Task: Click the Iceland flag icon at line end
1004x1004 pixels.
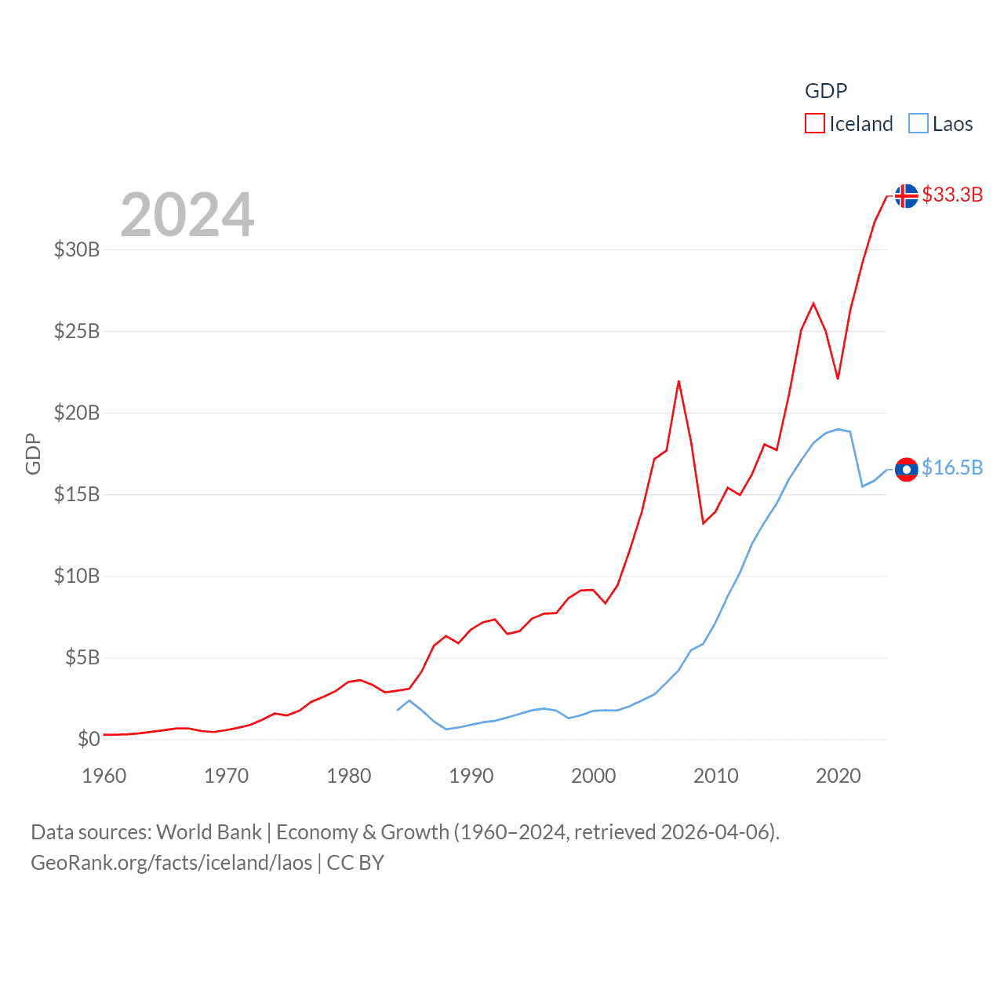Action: click(x=906, y=195)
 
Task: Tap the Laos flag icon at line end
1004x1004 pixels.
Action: click(x=906, y=469)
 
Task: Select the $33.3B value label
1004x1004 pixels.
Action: click(x=952, y=195)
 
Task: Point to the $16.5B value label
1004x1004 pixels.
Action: click(x=952, y=467)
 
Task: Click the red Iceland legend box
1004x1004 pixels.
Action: click(x=815, y=124)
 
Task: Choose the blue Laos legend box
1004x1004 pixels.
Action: click(x=919, y=124)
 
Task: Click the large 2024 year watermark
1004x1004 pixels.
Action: click(x=187, y=214)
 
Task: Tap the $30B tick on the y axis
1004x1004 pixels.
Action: click(x=77, y=249)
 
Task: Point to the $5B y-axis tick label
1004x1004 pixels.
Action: click(x=82, y=657)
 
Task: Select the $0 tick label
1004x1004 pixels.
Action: click(x=89, y=739)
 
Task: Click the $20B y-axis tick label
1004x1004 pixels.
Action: click(x=77, y=413)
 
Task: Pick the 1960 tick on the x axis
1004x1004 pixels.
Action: click(x=104, y=776)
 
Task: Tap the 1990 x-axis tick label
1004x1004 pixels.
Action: click(x=471, y=776)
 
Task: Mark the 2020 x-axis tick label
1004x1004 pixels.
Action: click(x=838, y=776)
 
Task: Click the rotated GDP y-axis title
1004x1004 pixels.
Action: click(x=33, y=453)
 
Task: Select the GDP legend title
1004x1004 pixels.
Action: click(x=826, y=91)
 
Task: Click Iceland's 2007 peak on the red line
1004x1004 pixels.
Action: click(x=678, y=382)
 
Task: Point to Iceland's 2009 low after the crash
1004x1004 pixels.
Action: click(x=704, y=523)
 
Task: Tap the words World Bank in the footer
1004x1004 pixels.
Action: click(x=209, y=831)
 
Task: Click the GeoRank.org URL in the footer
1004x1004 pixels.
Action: click(x=172, y=863)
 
